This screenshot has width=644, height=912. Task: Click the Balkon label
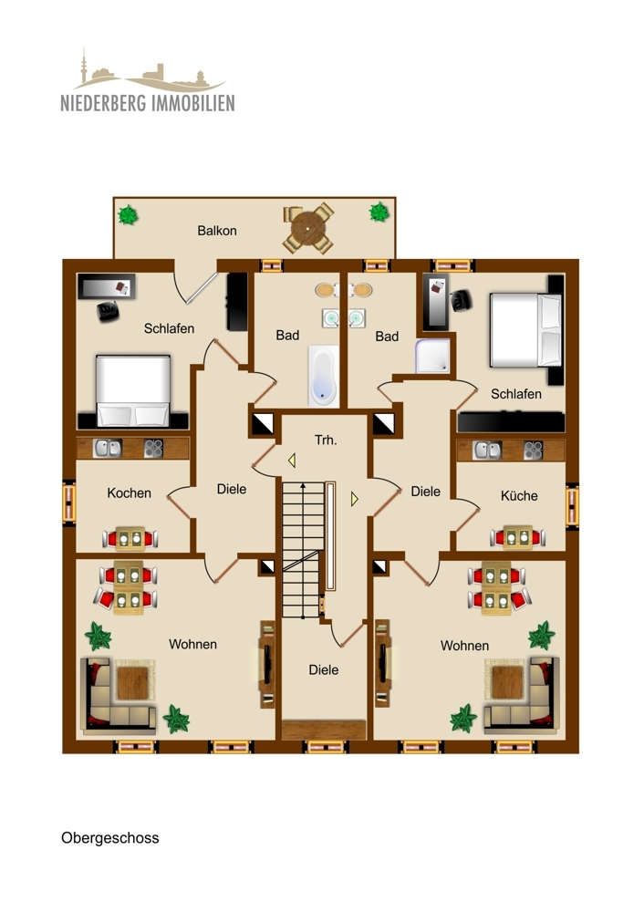[216, 231]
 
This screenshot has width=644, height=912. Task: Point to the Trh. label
[326, 440]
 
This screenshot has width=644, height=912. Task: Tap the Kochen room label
[130, 492]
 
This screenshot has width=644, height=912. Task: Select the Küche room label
[519, 496]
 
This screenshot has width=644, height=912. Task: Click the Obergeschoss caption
[109, 837]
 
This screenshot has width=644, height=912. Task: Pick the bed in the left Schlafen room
[133, 390]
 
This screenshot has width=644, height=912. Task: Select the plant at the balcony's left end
[130, 216]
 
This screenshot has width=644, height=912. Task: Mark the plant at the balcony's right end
[379, 212]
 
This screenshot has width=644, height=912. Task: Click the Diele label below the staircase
[323, 669]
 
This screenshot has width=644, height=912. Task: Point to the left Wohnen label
[192, 644]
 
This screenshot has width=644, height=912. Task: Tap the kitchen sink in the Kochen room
[108, 448]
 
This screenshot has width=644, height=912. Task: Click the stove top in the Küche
[533, 450]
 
